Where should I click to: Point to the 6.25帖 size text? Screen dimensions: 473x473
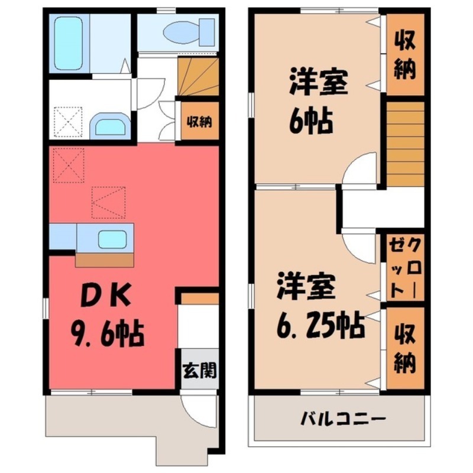(x=320, y=324)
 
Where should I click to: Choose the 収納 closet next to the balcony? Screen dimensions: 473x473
(x=404, y=347)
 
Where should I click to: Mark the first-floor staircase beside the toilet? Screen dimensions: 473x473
(x=197, y=77)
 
